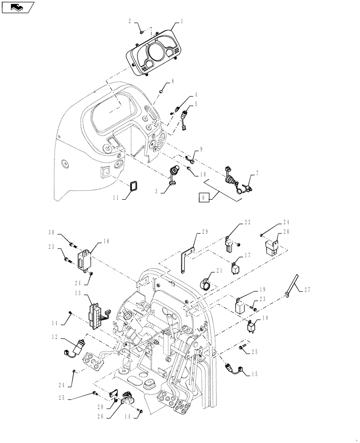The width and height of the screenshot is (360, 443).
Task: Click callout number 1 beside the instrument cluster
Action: click(181, 21)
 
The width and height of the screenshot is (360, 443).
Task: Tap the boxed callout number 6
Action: click(203, 198)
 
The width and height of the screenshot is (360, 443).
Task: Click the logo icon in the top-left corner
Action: click(18, 7)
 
